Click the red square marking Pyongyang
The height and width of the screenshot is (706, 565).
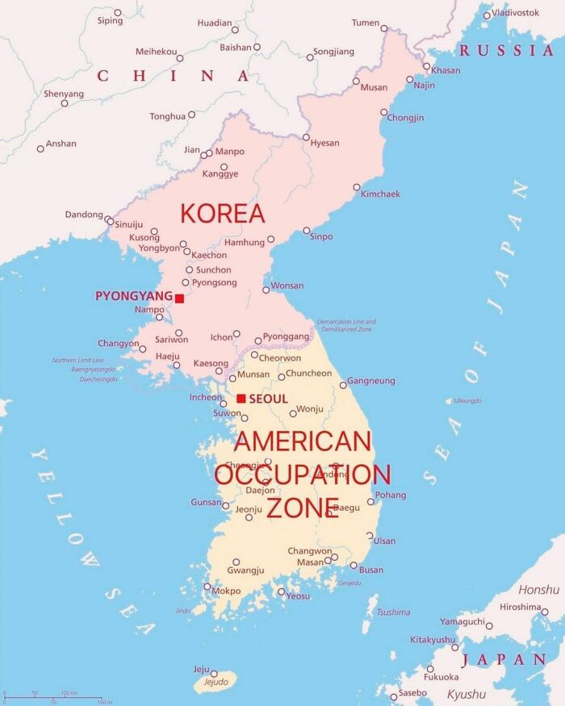click(179, 299)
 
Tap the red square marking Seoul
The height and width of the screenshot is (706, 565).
click(241, 399)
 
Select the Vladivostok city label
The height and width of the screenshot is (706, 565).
click(516, 12)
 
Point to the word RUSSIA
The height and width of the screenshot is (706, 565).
click(506, 51)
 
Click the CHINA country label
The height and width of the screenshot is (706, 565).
click(173, 77)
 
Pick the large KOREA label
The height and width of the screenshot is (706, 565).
click(223, 214)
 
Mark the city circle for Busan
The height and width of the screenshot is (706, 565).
click(354, 566)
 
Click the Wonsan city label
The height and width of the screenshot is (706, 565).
click(288, 286)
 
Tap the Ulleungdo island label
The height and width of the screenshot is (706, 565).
click(467, 401)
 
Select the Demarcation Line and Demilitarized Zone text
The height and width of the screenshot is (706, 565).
click(346, 325)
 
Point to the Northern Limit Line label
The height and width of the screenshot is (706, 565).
click(77, 360)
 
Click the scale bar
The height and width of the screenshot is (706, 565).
click(53, 698)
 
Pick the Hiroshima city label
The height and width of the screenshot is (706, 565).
click(520, 607)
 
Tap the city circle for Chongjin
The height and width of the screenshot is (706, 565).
click(384, 112)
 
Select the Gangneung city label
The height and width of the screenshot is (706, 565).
click(371, 381)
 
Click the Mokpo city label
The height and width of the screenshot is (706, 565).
click(226, 591)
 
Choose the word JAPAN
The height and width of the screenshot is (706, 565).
click(504, 659)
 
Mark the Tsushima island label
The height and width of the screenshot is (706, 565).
click(393, 612)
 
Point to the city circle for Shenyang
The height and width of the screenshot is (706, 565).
click(65, 103)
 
